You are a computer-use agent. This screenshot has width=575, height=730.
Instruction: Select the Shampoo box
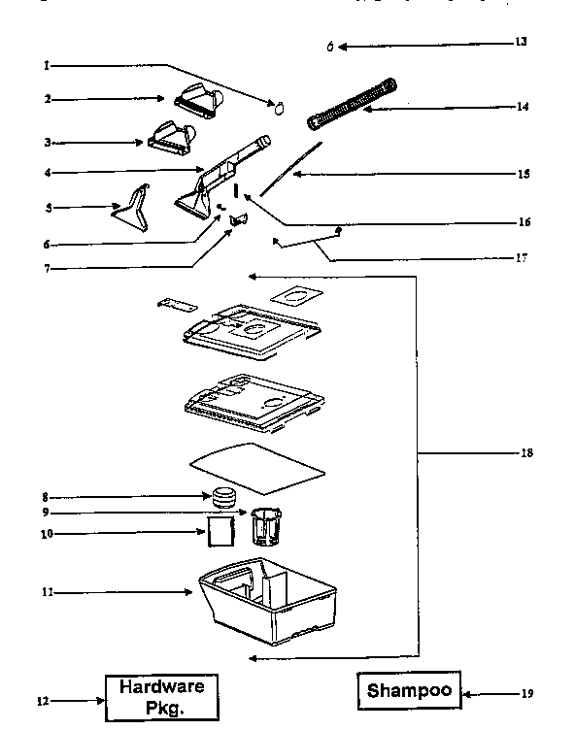409,691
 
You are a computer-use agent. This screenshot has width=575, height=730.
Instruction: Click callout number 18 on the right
525,452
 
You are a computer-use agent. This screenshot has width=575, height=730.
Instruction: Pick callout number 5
47,207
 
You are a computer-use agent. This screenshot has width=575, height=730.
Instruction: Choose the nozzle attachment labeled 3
173,135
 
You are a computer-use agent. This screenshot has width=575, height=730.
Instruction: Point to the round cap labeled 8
225,497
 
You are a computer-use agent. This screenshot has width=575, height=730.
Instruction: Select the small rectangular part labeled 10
221,531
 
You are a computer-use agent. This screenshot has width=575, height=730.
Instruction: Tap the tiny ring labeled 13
330,46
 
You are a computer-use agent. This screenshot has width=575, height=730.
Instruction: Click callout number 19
527,693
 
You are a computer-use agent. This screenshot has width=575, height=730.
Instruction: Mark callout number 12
42,699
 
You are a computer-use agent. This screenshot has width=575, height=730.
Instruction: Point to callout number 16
524,221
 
